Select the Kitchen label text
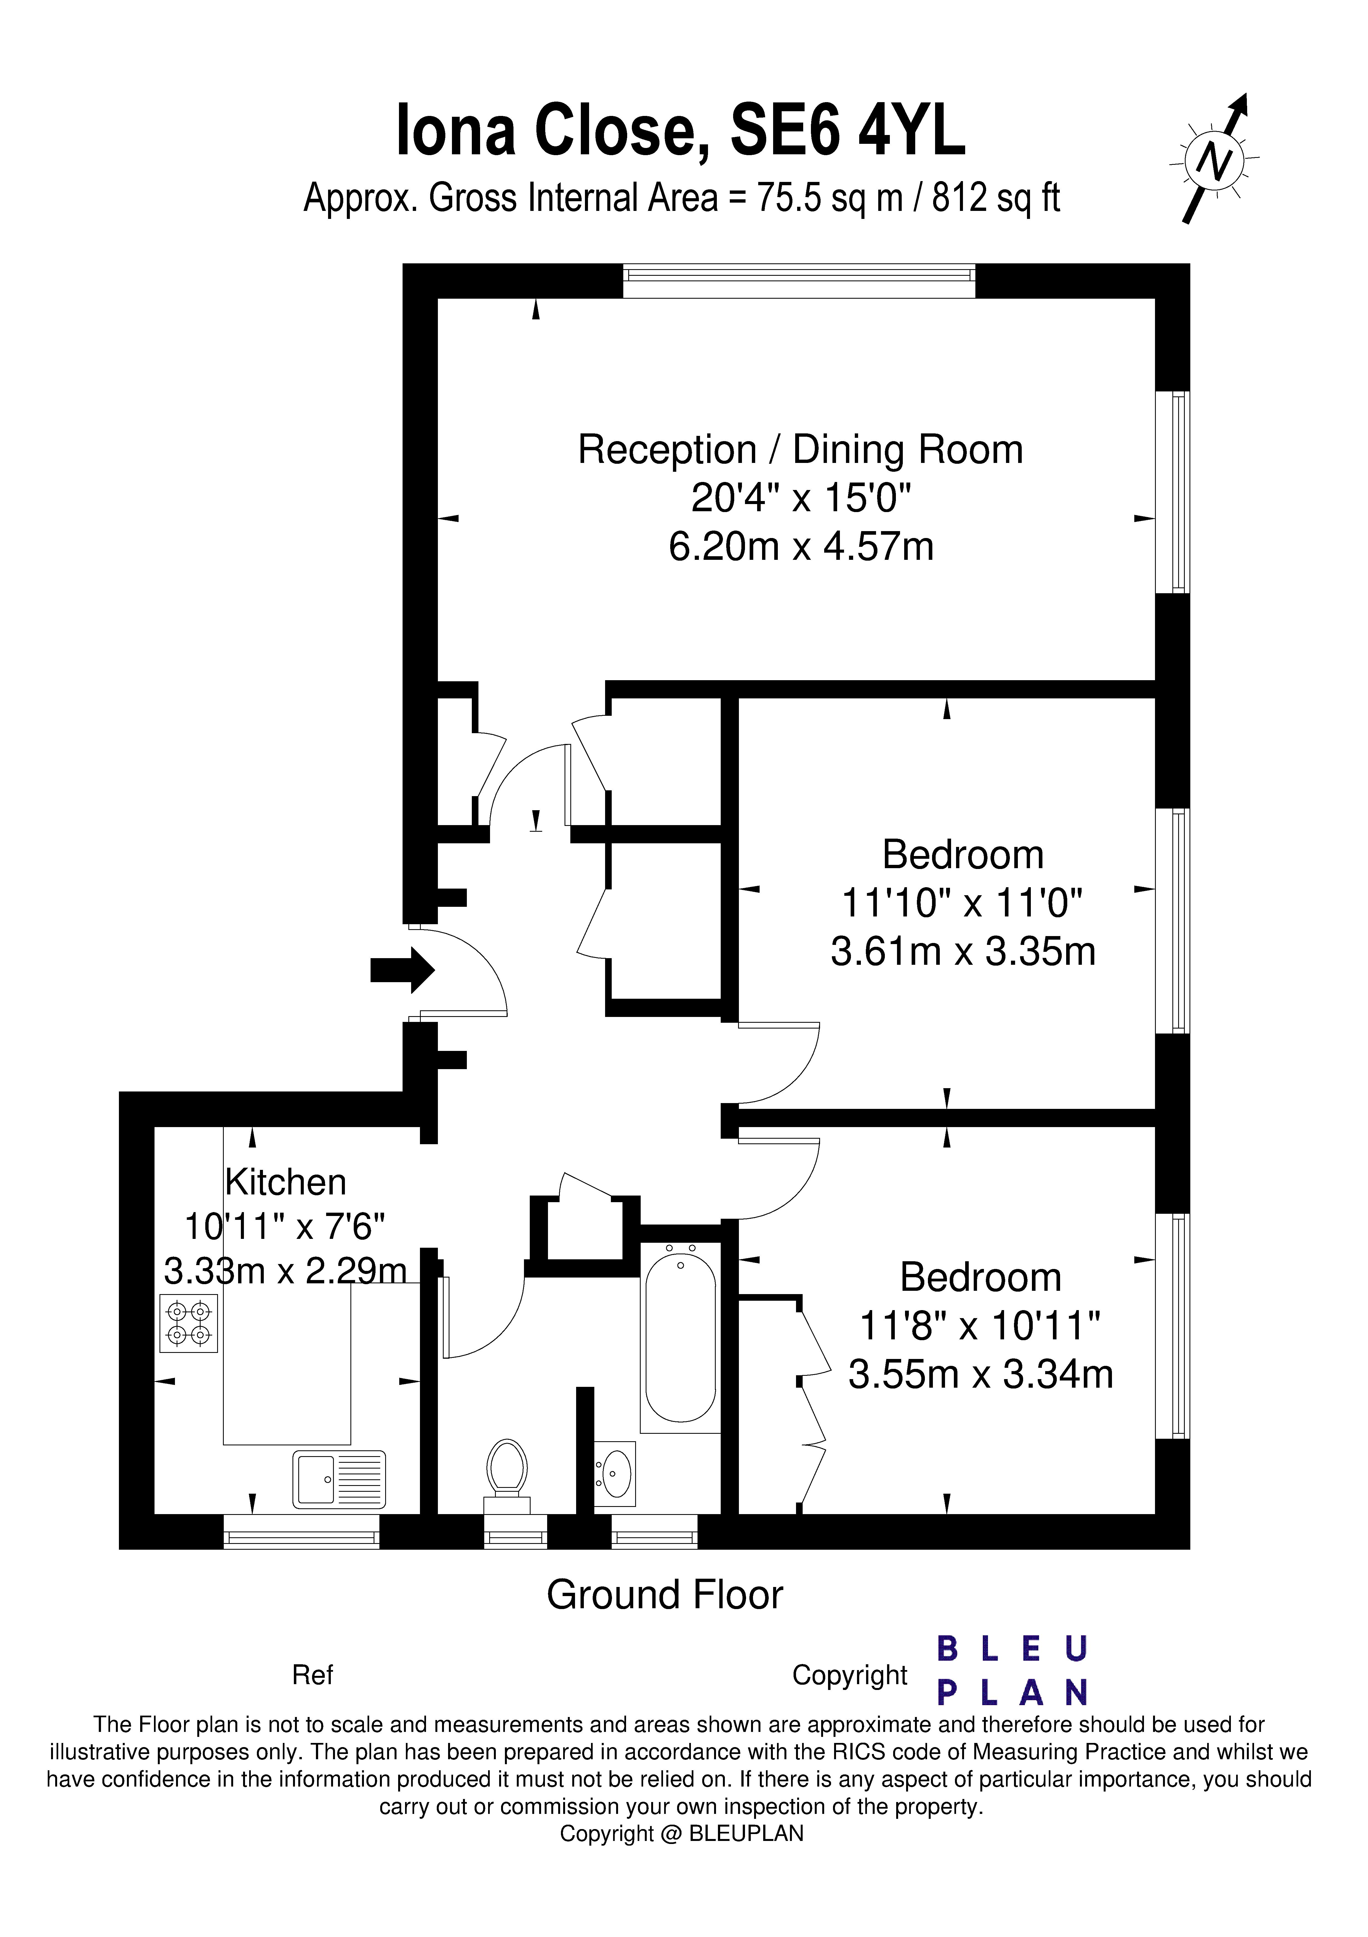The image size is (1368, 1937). (x=286, y=1182)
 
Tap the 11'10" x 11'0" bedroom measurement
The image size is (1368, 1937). (x=962, y=903)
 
